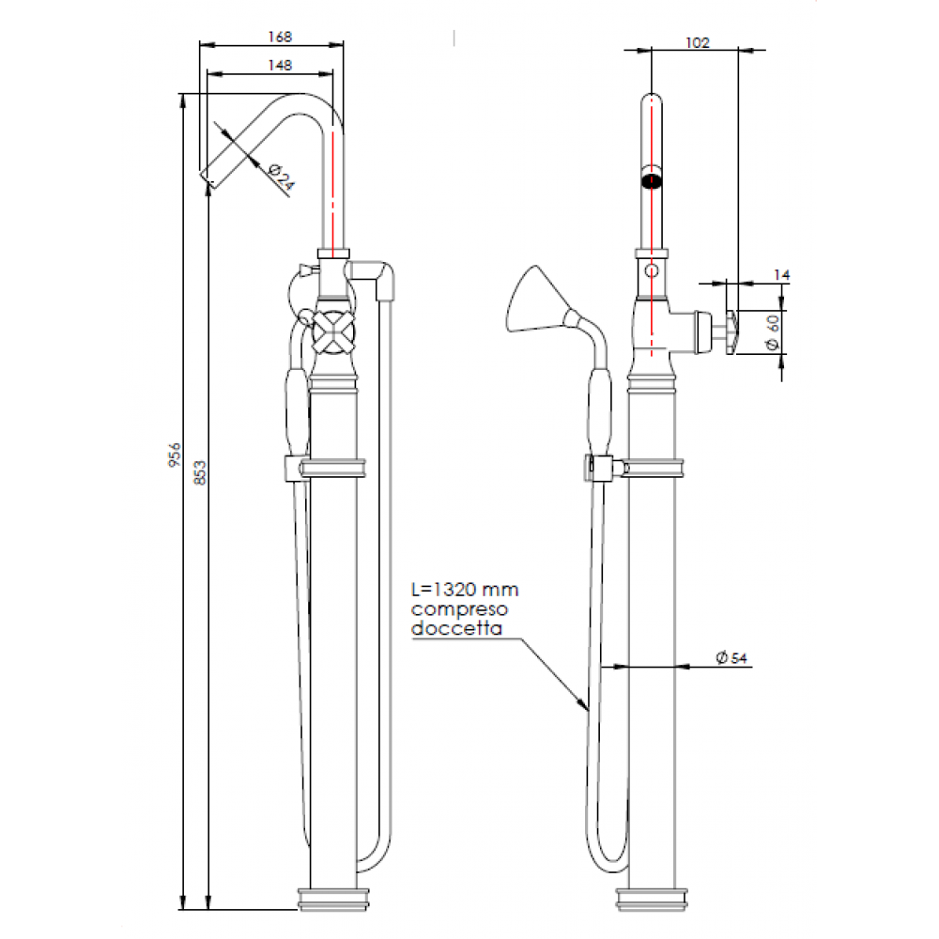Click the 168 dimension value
click(x=279, y=37)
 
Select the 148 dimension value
click(x=279, y=65)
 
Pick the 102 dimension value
click(x=697, y=42)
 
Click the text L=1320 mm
click(x=466, y=591)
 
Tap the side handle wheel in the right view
click(x=732, y=331)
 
